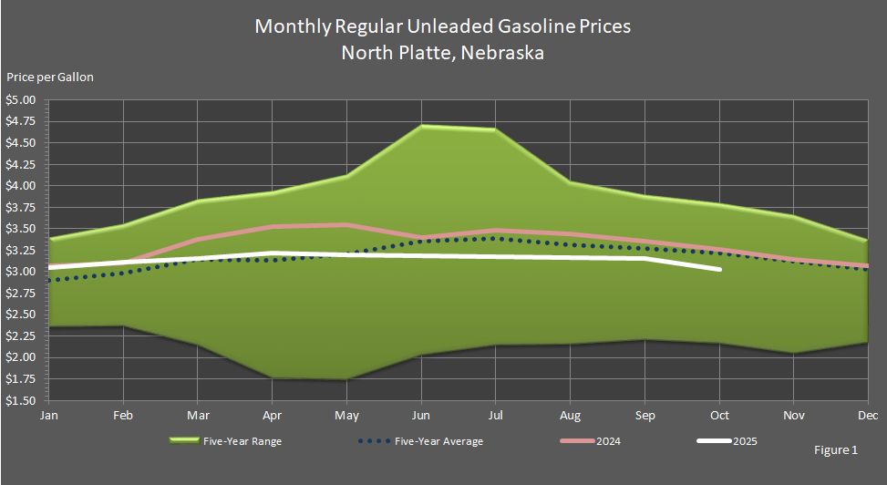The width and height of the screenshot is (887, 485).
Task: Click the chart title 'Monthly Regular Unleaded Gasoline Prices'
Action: tap(442, 26)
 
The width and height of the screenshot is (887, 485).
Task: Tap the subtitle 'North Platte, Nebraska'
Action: tap(442, 52)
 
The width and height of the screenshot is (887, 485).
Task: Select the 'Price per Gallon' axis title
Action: tap(50, 77)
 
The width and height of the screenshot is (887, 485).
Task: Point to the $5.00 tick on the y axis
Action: tap(21, 100)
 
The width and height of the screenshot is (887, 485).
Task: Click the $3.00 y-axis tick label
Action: tap(21, 272)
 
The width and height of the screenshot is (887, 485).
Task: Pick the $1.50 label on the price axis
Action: tap(21, 400)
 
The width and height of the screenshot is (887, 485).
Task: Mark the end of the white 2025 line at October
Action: tap(720, 269)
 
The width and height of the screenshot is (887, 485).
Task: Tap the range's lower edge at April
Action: tap(273, 377)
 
